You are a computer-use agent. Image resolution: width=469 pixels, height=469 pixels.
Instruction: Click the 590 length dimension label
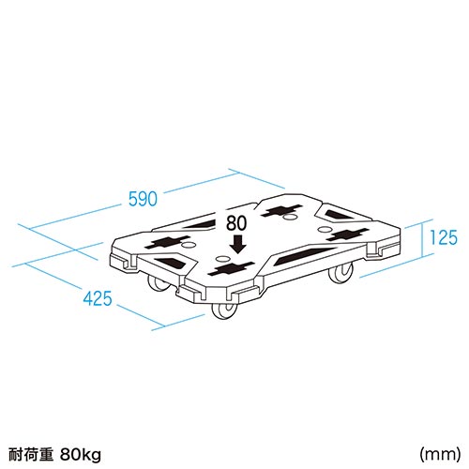tap(143, 199)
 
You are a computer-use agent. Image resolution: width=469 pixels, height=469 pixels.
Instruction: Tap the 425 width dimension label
tap(98, 298)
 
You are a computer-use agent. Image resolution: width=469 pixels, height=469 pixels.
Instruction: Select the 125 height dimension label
tap(444, 237)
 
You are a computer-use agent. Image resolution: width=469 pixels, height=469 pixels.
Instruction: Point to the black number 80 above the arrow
tap(236, 223)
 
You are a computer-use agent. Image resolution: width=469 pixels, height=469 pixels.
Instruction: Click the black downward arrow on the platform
tap(239, 244)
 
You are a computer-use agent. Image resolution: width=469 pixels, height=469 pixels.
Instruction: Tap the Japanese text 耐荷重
tap(31, 454)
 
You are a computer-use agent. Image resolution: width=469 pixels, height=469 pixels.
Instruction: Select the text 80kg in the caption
tap(81, 454)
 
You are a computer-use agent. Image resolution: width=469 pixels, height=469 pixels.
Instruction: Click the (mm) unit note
tap(440, 454)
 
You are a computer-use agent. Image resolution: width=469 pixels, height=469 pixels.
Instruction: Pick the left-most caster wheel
tap(158, 283)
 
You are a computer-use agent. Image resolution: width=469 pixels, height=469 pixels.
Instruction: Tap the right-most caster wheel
tap(340, 273)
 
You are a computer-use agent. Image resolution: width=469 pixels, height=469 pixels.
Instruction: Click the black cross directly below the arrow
tap(231, 268)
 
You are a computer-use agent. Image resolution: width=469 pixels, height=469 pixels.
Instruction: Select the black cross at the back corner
tap(282, 210)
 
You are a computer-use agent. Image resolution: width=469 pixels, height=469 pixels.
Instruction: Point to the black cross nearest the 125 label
tap(347, 234)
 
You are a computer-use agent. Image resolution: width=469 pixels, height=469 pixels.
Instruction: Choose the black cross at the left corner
tap(168, 242)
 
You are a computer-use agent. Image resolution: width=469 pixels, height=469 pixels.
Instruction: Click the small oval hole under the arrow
tap(222, 259)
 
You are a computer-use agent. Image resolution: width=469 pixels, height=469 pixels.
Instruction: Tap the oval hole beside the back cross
tap(291, 217)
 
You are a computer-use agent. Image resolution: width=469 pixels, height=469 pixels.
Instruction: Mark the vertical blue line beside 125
tap(422, 239)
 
